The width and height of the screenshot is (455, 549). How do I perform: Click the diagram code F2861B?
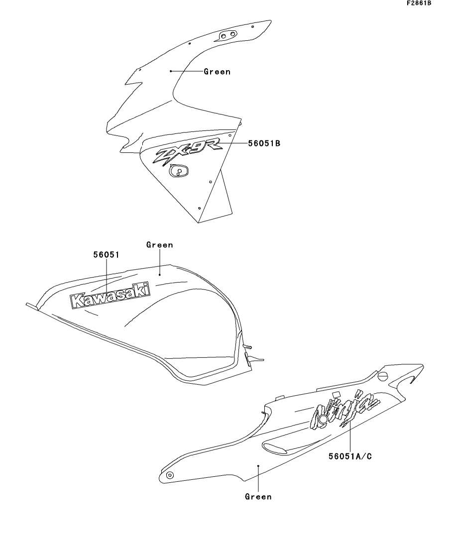point(419,3)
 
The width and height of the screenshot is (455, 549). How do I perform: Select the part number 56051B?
point(264,143)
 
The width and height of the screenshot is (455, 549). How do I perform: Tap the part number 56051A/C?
point(350,456)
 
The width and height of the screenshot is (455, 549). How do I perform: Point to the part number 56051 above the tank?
point(106,255)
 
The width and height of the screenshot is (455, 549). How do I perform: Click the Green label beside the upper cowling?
point(217,72)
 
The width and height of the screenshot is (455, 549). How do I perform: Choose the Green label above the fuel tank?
point(160,245)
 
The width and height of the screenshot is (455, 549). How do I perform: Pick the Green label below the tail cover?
point(258,496)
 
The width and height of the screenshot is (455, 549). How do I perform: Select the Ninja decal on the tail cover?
point(345,410)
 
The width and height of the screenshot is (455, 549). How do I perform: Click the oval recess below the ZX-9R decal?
point(179,171)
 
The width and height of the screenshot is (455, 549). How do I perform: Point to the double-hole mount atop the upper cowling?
point(227,35)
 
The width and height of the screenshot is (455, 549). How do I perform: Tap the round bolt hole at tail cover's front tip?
point(170,475)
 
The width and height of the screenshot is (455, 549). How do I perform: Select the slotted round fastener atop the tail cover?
point(383,376)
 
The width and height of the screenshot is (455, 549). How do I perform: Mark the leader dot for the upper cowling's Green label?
point(171,71)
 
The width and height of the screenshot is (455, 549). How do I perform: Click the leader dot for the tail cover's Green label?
point(258,466)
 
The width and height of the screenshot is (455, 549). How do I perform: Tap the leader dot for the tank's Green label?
point(160,275)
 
